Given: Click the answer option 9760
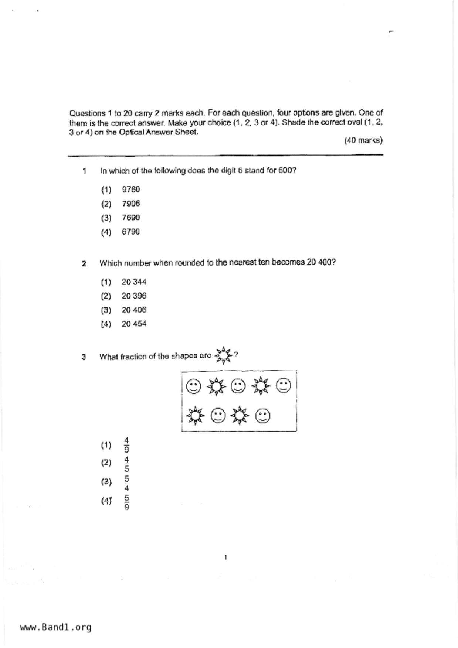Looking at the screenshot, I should point(131,190).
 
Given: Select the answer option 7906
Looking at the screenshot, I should point(131,204).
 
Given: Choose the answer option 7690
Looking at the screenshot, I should point(131,218).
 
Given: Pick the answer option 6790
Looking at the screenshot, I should point(131,232).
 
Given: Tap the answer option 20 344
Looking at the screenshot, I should point(134,282).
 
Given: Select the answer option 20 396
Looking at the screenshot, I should point(134,296).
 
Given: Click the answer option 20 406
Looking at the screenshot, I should point(134,310).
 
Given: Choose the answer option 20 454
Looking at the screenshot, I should point(134,324).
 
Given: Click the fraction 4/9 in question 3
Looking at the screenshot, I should point(126,445).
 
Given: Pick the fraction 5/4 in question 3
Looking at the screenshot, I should point(126,484).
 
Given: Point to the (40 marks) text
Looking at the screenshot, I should point(363,140).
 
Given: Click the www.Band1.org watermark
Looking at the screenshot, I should point(55,627).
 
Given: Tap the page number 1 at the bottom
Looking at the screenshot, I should point(225,557).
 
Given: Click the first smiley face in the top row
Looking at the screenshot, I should point(193,386).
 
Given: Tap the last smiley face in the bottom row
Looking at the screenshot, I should point(263,416).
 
